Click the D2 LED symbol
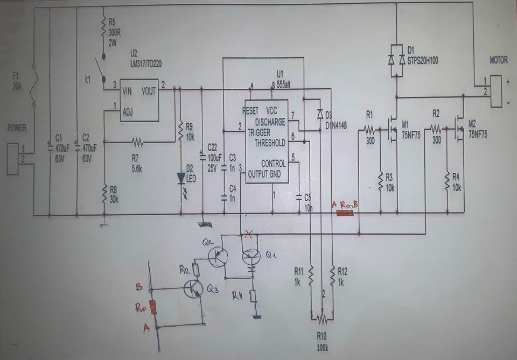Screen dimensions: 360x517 [x=181, y=179]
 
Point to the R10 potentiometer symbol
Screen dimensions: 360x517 [x=322, y=319]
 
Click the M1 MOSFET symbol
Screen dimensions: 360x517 [x=392, y=129]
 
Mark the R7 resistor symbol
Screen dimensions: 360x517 [x=137, y=143]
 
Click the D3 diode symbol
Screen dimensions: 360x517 [x=320, y=114]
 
